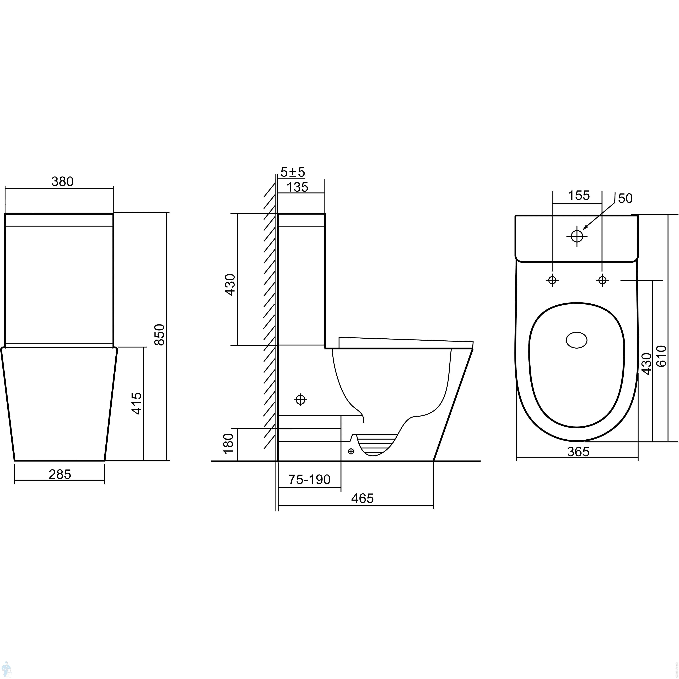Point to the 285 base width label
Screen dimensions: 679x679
click(60, 474)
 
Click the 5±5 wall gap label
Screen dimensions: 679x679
click(293, 172)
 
